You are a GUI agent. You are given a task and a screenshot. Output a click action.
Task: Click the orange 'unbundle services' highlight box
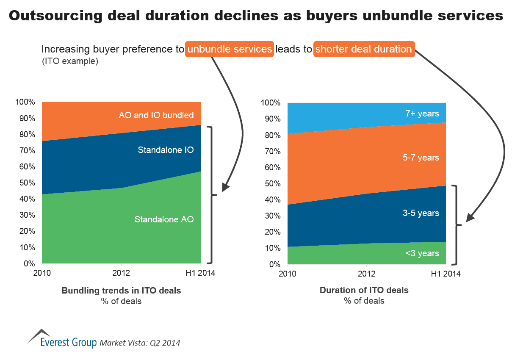click(x=230, y=49)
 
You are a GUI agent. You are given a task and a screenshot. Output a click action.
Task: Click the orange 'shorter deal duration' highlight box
click(x=363, y=49)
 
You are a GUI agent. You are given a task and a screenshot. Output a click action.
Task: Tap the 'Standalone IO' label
click(x=160, y=150)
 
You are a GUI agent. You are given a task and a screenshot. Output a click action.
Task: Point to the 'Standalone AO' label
click(x=164, y=219)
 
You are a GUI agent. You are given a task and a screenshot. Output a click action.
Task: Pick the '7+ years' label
click(x=422, y=114)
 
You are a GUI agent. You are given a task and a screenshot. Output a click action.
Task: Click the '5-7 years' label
click(x=421, y=158)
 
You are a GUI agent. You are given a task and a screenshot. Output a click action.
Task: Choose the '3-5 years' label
click(x=421, y=213)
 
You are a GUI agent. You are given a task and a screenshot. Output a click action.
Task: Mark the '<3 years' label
click(x=422, y=253)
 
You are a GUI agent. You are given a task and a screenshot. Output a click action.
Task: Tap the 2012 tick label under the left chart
click(x=122, y=273)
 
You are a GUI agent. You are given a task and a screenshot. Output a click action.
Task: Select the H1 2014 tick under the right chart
click(x=446, y=274)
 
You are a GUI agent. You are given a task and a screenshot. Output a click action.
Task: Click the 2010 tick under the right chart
click(x=288, y=274)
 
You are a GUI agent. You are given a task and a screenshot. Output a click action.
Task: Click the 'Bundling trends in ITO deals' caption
click(x=121, y=291)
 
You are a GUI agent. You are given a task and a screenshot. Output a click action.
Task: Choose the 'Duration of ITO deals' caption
click(x=364, y=290)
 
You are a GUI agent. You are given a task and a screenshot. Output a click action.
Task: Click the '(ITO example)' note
click(x=70, y=62)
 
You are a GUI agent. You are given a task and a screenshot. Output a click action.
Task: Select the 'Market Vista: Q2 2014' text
click(x=140, y=343)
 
